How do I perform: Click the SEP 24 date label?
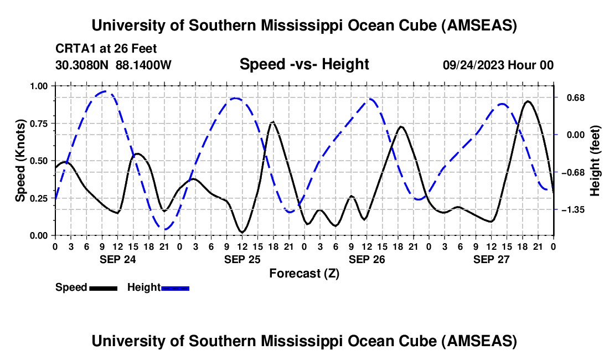[117, 259]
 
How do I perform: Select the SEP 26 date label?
[367, 259]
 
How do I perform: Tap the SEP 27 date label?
[491, 259]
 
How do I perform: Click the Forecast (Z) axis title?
[304, 273]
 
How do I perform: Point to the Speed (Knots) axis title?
[20, 161]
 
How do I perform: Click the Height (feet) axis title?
[595, 161]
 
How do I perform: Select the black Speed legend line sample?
[103, 287]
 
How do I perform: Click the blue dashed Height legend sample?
[176, 287]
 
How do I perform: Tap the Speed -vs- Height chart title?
[304, 64]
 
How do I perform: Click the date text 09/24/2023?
[474, 65]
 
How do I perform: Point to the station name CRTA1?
[74, 49]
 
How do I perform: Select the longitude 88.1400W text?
[144, 65]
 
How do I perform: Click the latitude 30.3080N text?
[83, 65]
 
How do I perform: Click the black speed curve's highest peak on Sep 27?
[528, 101]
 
